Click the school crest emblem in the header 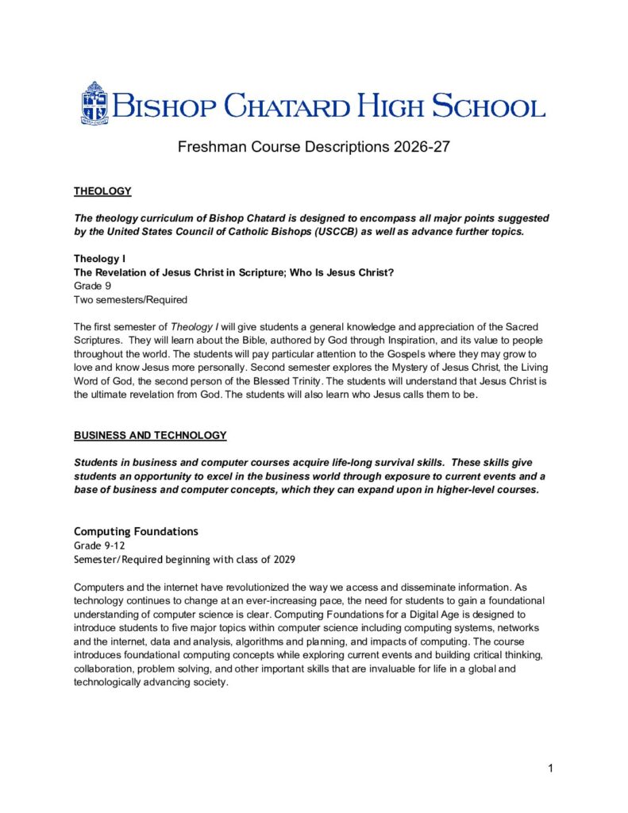(94, 103)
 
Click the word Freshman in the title (210, 147)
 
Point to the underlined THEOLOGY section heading (102, 191)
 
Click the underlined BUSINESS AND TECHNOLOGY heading (150, 435)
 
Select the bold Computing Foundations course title (136, 530)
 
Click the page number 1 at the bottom (549, 768)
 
